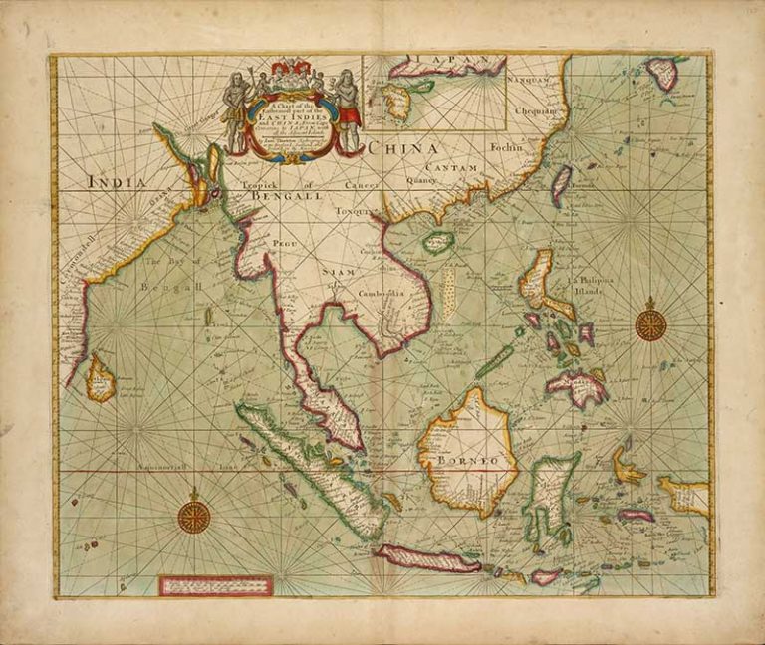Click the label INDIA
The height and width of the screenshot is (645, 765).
point(118,182)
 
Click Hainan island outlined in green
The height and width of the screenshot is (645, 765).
point(437,242)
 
